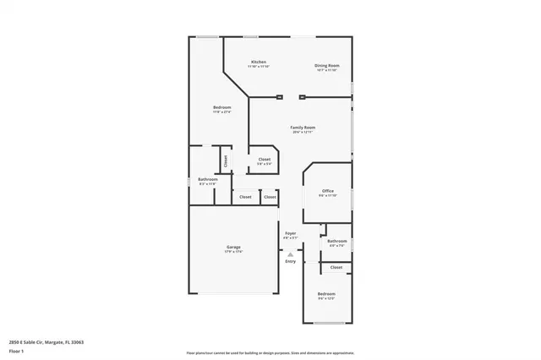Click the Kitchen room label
click(259, 63)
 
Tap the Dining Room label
click(327, 65)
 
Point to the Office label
click(327, 191)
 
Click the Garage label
click(233, 248)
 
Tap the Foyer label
click(290, 233)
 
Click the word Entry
click(290, 261)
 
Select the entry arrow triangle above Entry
click(290, 254)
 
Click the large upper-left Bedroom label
click(221, 107)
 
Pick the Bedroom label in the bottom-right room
click(326, 295)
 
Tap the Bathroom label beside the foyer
click(337, 241)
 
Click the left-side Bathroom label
click(208, 179)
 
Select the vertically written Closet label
click(226, 159)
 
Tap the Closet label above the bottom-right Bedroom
click(336, 267)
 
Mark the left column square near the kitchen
click(279, 97)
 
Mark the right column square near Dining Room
click(302, 97)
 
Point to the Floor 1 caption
click(16, 351)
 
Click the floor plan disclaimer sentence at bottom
click(270, 352)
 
